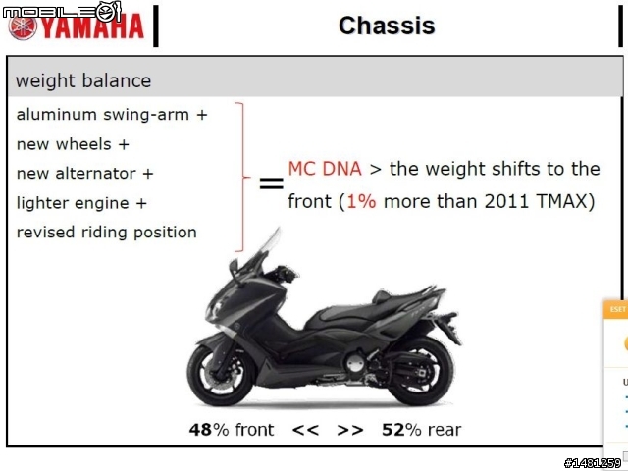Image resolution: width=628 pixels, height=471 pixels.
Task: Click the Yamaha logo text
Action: point(92,26)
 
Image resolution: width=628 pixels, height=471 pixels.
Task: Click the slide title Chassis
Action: point(387,26)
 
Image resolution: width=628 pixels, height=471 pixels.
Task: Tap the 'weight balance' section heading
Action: point(83,80)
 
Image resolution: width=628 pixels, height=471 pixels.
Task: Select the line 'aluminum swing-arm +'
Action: point(112,115)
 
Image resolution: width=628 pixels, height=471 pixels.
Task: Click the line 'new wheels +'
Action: point(73,144)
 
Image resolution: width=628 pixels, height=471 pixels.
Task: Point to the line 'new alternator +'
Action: point(85,174)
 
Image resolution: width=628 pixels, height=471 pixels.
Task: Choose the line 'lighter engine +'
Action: point(81,203)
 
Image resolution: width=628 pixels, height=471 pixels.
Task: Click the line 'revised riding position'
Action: point(107,233)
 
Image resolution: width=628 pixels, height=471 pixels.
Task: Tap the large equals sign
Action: point(272,183)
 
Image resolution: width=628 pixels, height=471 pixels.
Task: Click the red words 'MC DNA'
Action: point(325,169)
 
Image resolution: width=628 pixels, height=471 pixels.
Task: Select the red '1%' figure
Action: point(361,201)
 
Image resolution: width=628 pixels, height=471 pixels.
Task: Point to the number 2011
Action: point(506,201)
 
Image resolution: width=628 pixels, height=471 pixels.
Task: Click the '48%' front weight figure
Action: point(209,430)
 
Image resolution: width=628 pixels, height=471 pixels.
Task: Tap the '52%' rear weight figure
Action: point(401,430)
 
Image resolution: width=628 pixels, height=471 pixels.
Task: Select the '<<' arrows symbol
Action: point(305,430)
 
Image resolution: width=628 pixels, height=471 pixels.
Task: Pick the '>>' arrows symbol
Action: point(350,430)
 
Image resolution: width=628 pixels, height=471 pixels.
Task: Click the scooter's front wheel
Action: point(221,375)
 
